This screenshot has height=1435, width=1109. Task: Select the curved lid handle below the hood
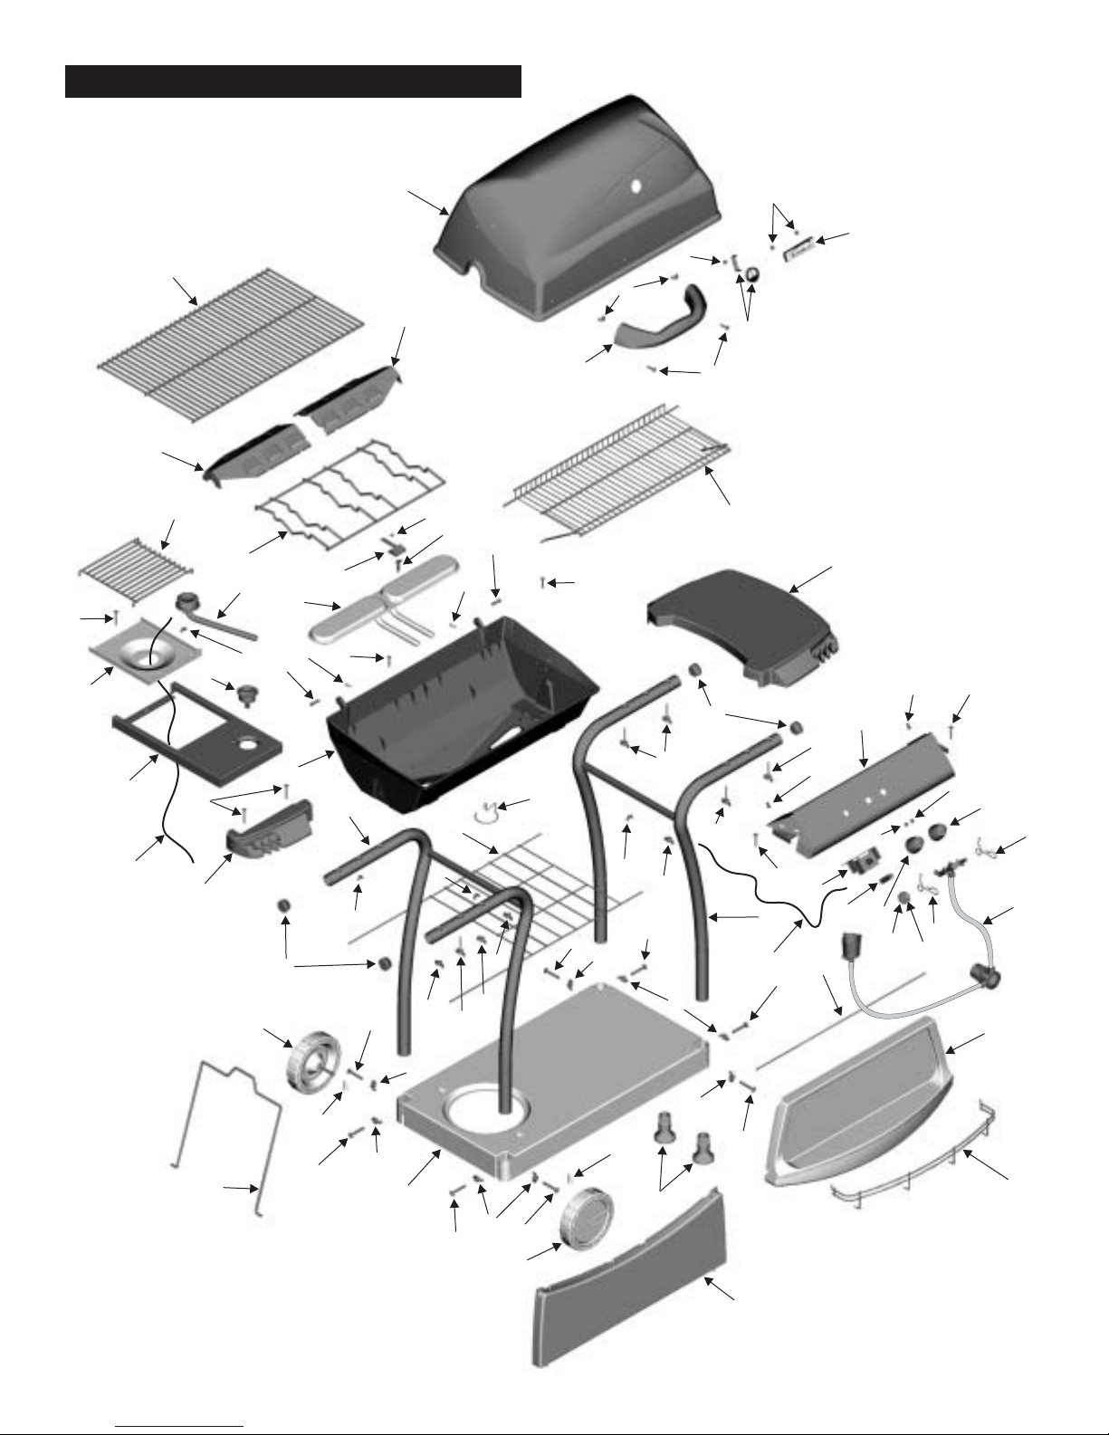[664, 322]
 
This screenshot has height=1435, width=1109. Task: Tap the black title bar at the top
[293, 81]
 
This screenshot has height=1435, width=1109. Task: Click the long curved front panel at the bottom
[634, 1295]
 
